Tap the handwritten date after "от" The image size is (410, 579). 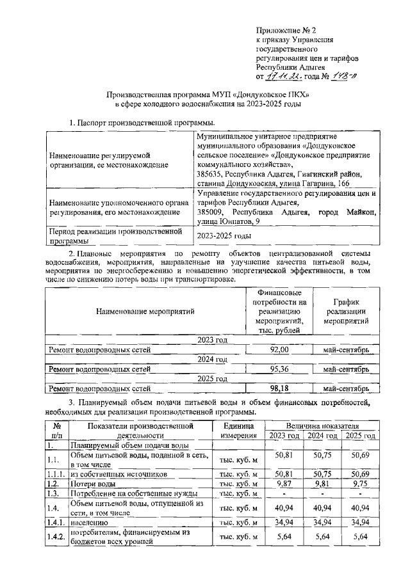click(x=284, y=77)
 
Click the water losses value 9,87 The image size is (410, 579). click(x=283, y=484)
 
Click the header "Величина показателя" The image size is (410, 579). click(x=322, y=425)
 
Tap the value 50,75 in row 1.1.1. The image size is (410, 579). click(x=322, y=474)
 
